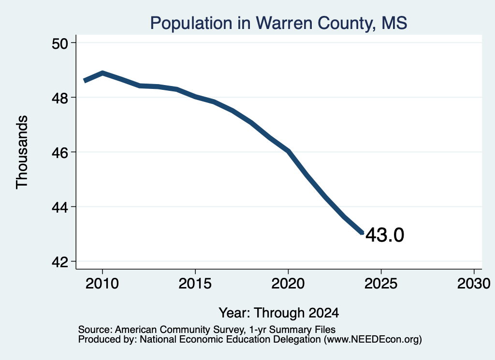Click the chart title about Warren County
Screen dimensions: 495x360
[278, 23]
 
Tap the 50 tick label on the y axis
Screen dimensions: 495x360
[60, 43]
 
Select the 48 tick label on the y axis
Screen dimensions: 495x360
[60, 98]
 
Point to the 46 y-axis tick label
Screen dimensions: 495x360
[60, 153]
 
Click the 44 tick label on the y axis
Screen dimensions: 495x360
[60, 208]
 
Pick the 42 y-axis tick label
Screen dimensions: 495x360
[60, 262]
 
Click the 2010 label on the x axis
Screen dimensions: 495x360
[102, 283]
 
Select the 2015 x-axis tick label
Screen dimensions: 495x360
[195, 283]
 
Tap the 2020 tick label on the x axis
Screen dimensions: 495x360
[288, 283]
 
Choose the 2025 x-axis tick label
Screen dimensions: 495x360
[381, 283]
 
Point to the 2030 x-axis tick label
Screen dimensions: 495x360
[474, 283]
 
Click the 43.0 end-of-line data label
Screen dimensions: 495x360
[385, 235]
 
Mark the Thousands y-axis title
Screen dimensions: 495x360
[22, 152]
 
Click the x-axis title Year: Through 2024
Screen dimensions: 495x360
[279, 313]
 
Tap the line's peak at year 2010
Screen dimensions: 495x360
[102, 73]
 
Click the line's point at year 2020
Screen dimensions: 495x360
[288, 151]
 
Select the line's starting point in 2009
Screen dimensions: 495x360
[84, 80]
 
